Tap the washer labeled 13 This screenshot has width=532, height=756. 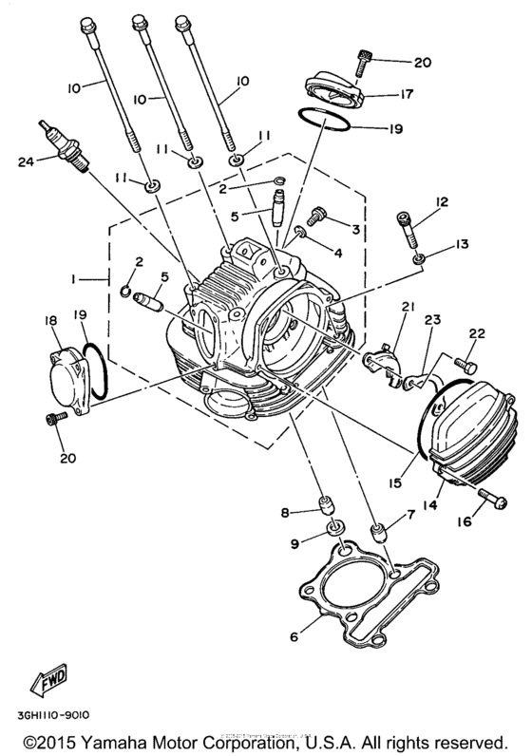tap(418, 256)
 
